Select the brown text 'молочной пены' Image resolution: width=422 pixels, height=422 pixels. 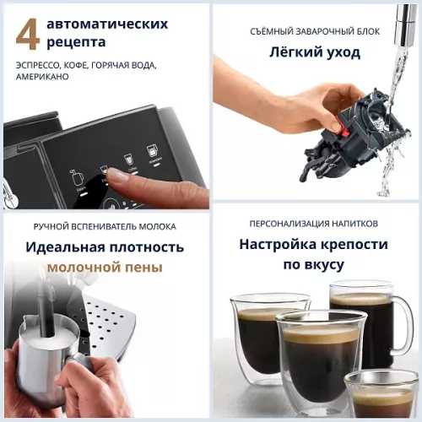105,268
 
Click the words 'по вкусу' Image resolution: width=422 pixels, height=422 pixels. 313,264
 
